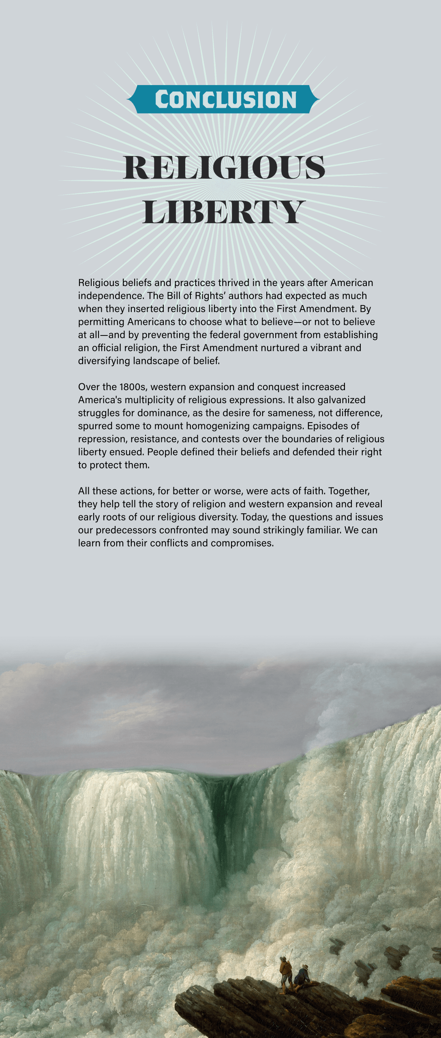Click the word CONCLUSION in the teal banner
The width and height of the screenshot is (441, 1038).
point(225,100)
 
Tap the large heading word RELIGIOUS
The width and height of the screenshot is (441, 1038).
point(224,167)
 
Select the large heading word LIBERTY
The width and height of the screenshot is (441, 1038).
point(223,212)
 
